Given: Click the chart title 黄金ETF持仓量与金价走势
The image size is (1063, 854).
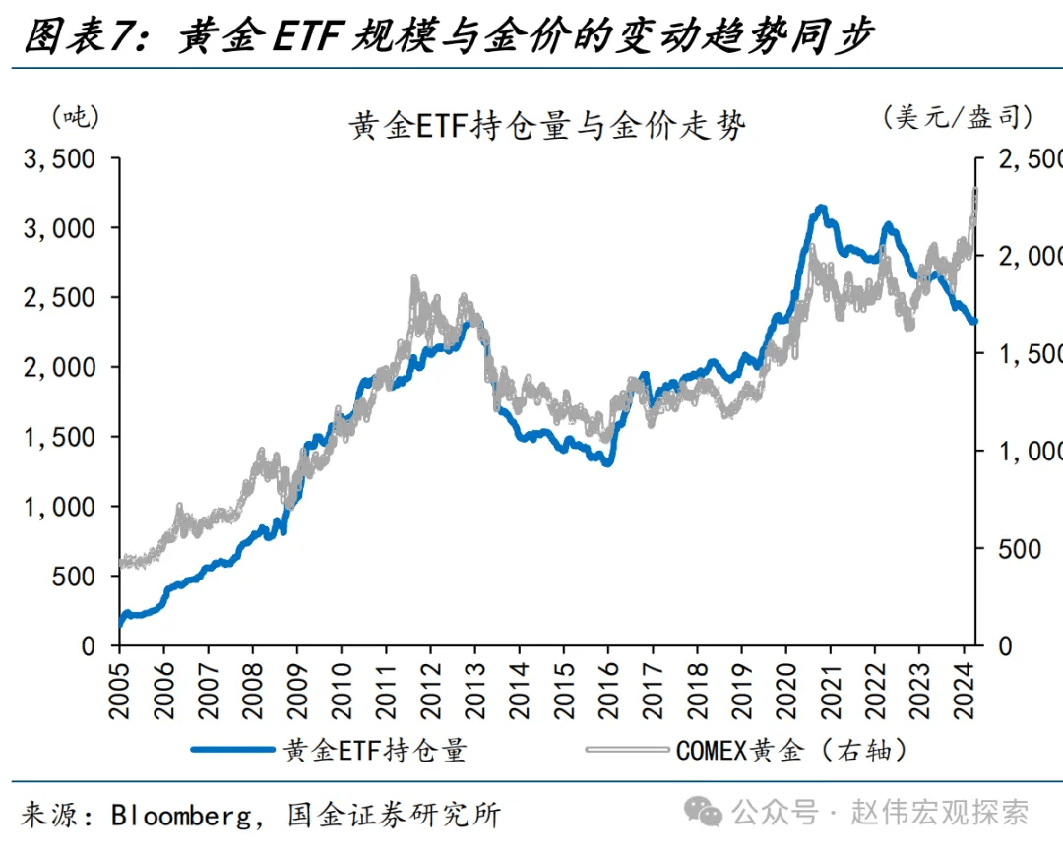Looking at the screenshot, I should tap(548, 126).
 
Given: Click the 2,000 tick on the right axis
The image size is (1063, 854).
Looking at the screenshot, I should tap(1030, 256).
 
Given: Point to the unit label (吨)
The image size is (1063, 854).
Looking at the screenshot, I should tap(75, 117).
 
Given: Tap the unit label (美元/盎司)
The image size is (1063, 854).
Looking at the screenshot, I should tap(958, 117).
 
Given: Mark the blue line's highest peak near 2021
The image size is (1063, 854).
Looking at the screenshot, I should tap(821, 208).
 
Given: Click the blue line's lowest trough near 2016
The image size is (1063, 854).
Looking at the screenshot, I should tap(607, 461).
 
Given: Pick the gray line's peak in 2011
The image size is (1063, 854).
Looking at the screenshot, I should tap(414, 279).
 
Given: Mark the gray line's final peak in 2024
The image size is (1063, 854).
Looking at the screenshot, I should tap(974, 189).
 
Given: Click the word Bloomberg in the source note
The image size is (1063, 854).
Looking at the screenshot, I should tap(185, 815).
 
